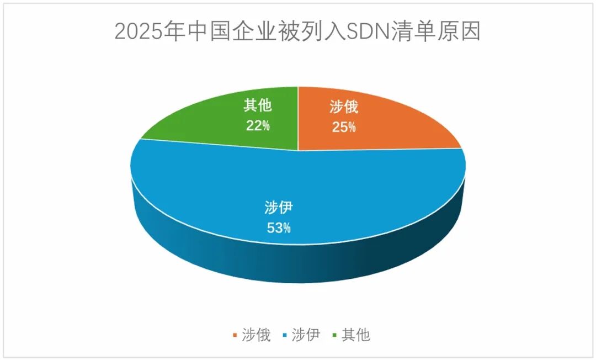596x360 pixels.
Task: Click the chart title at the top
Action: [297, 32]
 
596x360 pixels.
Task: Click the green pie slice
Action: [221, 124]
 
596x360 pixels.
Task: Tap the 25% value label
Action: [344, 127]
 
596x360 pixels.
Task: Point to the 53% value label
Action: [278, 227]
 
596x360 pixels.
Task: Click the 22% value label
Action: [258, 125]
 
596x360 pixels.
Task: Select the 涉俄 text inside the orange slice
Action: [344, 107]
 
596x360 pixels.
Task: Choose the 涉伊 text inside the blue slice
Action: [278, 208]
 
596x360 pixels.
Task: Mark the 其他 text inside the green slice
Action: [258, 105]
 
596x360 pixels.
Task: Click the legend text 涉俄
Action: [256, 335]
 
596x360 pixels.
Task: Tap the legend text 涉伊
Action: [306, 335]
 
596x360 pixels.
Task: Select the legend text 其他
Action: [356, 335]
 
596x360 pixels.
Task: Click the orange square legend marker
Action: [236, 335]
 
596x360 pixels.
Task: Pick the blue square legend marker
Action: [285, 335]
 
